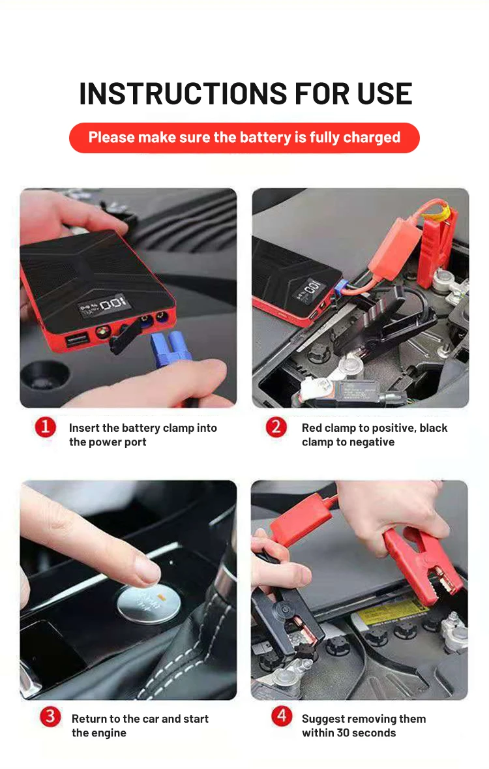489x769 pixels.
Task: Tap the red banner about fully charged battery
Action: pyautogui.click(x=244, y=138)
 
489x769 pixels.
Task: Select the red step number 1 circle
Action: pyautogui.click(x=45, y=427)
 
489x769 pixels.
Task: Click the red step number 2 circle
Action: pyautogui.click(x=276, y=427)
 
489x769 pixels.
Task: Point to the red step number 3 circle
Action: pyautogui.click(x=50, y=717)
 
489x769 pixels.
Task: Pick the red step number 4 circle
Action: pyautogui.click(x=282, y=716)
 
